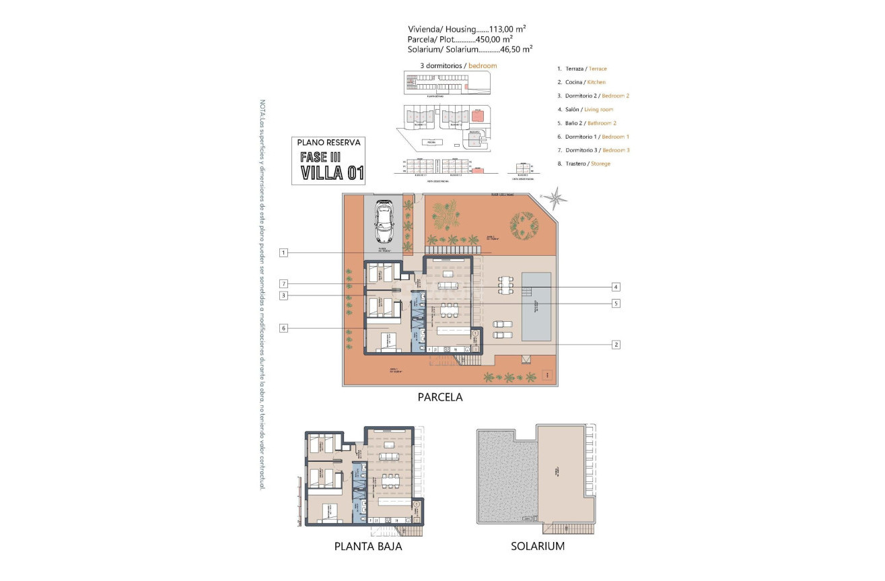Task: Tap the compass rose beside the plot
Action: coord(556,198)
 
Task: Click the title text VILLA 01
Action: coord(332,173)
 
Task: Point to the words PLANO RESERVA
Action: coord(330,143)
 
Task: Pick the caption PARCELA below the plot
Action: coord(440,397)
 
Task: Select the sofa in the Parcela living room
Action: coord(448,285)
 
